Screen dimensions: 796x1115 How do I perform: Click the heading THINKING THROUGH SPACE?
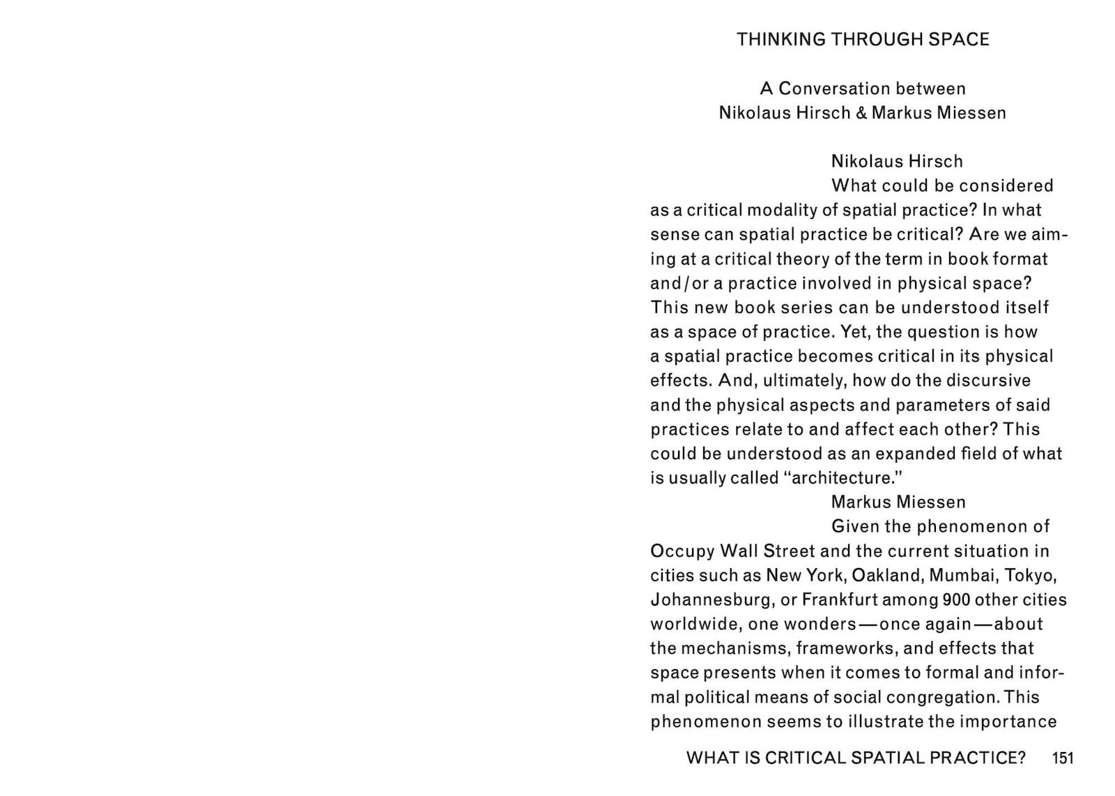[863, 40]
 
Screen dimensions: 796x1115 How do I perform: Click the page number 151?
[1063, 758]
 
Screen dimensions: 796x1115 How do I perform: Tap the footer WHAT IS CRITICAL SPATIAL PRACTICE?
[856, 758]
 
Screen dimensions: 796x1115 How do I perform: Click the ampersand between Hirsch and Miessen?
[861, 113]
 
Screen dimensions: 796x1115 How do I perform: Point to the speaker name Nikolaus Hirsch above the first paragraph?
[897, 162]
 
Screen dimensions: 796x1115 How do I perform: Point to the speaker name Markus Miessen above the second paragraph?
[898, 503]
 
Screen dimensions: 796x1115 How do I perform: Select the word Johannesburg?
[713, 600]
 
